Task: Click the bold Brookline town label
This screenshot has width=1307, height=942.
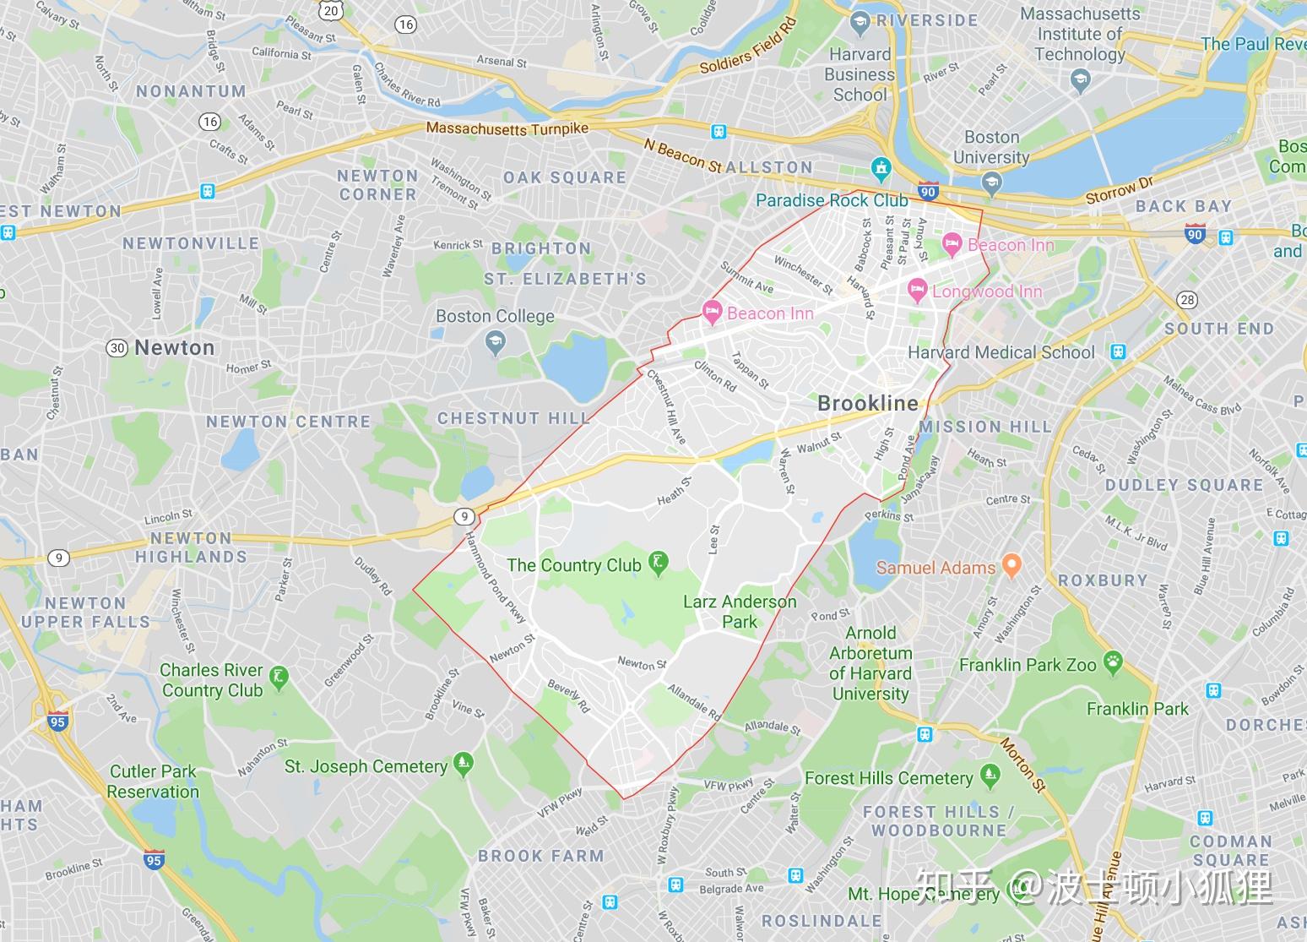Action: (867, 403)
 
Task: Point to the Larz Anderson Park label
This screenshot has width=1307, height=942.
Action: (740, 612)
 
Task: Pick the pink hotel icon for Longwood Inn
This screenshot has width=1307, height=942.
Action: (917, 291)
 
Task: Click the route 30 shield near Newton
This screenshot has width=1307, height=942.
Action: (117, 347)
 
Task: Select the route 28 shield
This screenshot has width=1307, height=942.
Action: (1188, 299)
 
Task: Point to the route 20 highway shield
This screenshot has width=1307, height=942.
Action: (332, 10)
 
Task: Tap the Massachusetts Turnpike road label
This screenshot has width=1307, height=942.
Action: (507, 128)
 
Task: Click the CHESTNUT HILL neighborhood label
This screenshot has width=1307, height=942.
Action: (513, 418)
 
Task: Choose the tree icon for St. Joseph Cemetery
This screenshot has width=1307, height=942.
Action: (462, 764)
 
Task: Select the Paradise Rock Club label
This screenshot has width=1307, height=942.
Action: (832, 200)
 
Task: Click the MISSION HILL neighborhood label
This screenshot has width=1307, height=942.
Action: (985, 427)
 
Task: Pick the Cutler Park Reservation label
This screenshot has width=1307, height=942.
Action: (153, 781)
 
